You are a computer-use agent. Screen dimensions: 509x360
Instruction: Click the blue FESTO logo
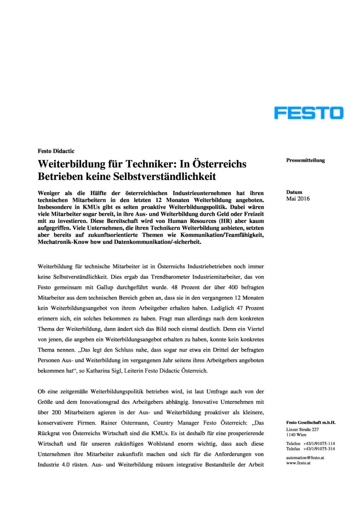[308, 113]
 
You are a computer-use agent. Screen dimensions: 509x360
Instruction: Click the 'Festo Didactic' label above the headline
[56, 151]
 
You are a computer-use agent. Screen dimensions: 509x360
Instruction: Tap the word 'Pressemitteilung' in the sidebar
[305, 160]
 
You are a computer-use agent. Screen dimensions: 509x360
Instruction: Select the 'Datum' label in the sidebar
[294, 192]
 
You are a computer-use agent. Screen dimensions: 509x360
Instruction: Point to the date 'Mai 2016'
[298, 199]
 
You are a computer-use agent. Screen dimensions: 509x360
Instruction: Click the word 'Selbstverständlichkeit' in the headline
[164, 176]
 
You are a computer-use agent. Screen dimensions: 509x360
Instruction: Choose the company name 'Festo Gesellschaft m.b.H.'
[311, 422]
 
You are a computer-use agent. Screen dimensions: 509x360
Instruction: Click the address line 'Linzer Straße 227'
[302, 429]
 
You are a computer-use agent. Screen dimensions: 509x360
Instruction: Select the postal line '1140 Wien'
[296, 435]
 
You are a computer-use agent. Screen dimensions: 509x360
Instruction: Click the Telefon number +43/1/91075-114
[319, 444]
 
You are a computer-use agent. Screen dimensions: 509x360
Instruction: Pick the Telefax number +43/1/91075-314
[319, 449]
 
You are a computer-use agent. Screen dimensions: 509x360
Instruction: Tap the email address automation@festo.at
[305, 458]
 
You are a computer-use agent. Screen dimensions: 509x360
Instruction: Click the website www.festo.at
[298, 463]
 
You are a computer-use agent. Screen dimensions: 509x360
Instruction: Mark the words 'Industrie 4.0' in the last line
[53, 464]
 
